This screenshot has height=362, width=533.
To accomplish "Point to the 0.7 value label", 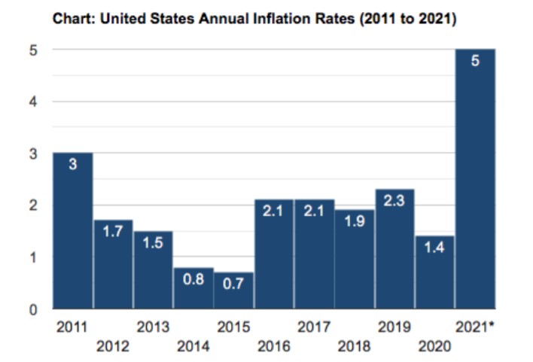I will pos(233,285).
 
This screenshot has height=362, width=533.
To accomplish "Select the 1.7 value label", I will pos(113,233).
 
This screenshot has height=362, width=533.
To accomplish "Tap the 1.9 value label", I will pos(354,223).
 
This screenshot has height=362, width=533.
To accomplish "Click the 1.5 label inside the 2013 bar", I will pos(153,245).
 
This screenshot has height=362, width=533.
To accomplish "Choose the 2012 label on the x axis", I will pos(113,347).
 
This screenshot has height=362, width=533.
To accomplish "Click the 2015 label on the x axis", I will pos(233,327).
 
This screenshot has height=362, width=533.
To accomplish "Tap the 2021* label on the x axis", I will pos(475,327).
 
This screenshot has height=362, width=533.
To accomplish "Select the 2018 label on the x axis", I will pos(354,347).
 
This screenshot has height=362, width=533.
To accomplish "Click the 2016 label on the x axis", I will pos(274,347).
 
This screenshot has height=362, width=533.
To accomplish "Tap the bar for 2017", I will pos(314,256).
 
